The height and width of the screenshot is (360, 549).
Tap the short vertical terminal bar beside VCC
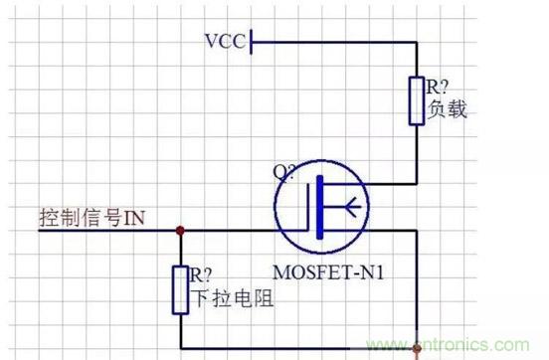(253, 42)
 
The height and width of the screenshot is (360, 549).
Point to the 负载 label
(448, 108)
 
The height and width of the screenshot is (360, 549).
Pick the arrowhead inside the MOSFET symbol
(351, 210)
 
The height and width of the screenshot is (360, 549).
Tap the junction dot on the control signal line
(180, 231)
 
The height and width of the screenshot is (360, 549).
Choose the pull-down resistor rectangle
(180, 289)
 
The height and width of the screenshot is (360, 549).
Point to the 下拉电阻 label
(221, 295)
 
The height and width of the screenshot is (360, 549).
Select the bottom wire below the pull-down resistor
(298, 344)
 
